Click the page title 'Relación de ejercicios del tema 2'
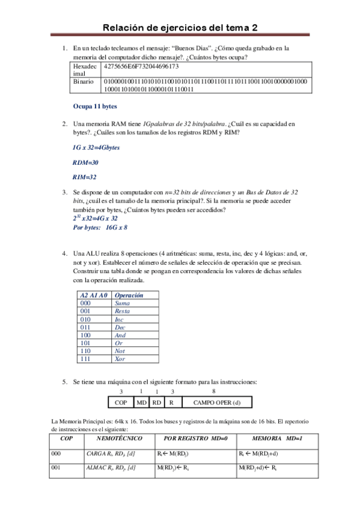pos(180,28)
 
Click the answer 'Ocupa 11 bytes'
pos(95,106)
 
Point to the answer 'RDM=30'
pos(85,162)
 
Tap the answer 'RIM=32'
pos(85,177)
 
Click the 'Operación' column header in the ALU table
pos(129,295)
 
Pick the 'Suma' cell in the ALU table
pos(122,304)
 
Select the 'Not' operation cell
pos(120,351)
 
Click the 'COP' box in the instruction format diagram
pos(121,402)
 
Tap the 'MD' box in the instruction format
pos(141,402)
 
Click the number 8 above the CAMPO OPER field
pos(214,391)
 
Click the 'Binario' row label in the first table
pos(83,81)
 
